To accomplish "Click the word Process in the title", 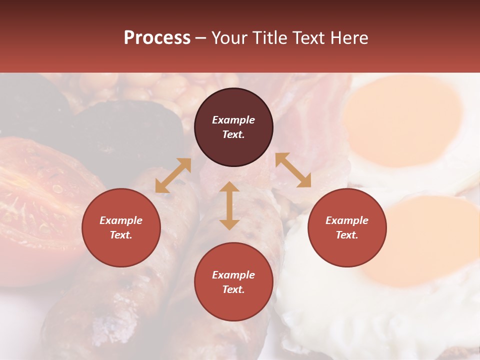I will click(x=157, y=38).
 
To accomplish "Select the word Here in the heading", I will click(x=348, y=38).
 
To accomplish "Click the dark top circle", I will click(x=233, y=127).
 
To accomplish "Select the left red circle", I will click(x=121, y=227).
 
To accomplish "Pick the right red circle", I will click(x=347, y=227).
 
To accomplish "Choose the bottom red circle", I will click(x=233, y=281).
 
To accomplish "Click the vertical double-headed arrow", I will click(x=229, y=205).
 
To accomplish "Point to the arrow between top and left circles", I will click(x=173, y=175).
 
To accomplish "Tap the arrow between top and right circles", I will click(x=293, y=170).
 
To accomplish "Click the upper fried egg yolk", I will click(x=402, y=120).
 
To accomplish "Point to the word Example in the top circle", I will click(x=233, y=120).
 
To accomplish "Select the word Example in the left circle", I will click(x=121, y=220).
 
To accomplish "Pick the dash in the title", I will click(x=201, y=38).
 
